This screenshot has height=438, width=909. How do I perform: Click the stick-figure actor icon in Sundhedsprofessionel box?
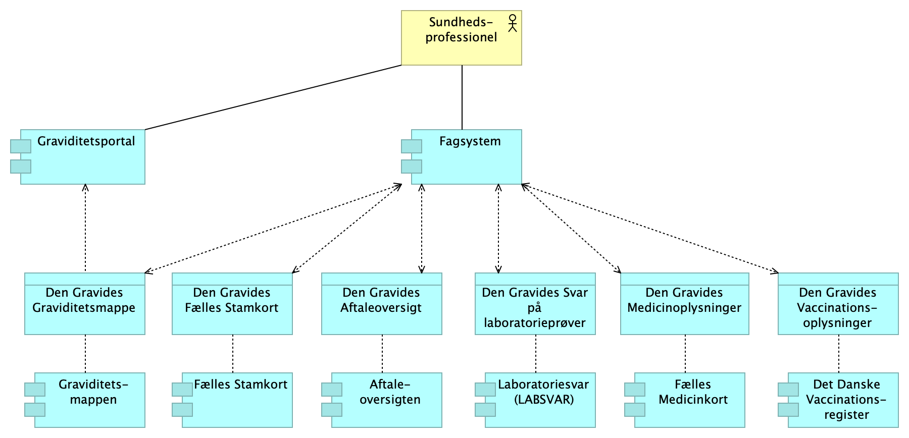[x=513, y=23]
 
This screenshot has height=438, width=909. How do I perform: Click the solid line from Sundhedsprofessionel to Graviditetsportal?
[x=273, y=97]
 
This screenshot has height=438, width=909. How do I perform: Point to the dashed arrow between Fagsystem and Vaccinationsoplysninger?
[x=649, y=229]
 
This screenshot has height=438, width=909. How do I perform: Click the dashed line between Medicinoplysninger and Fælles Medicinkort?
[x=685, y=354]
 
